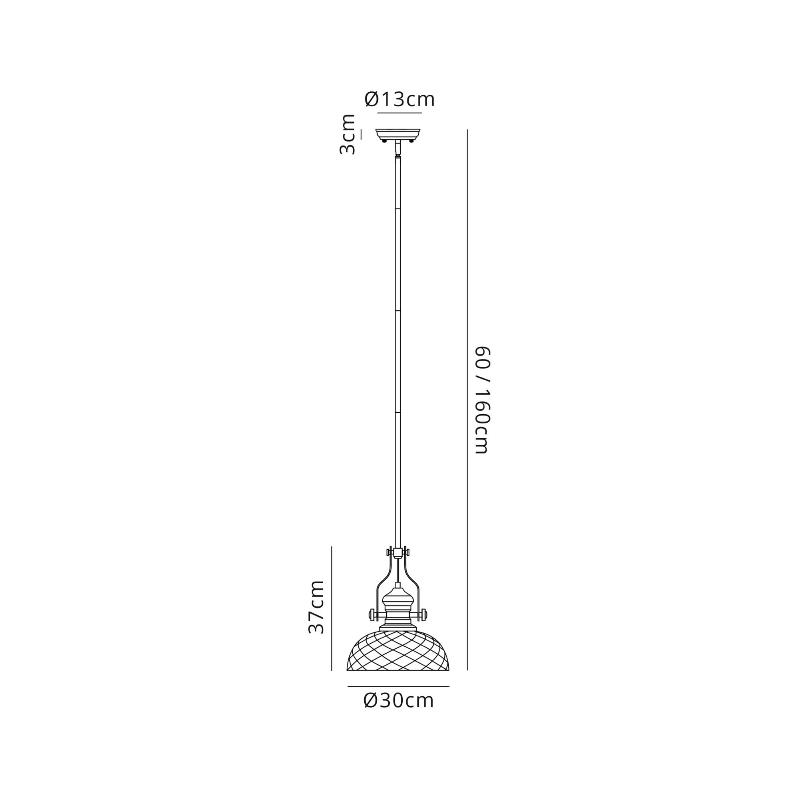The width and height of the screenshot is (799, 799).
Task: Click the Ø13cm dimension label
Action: coord(399,99)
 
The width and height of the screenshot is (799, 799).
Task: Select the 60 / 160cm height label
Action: coord(482,400)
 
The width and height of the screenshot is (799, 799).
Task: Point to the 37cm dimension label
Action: coord(316,607)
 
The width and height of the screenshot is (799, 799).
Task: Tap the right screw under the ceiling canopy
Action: coord(411,141)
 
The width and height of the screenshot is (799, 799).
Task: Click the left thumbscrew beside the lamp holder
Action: coord(372,626)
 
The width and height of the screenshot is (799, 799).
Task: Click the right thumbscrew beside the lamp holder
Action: coord(424,626)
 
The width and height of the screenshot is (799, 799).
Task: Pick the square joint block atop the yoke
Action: coord(398,552)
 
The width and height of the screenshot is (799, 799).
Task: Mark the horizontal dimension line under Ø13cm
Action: coord(399,113)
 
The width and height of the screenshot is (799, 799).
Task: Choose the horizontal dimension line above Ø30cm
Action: coord(398,686)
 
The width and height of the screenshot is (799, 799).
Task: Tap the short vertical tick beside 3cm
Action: coord(361,134)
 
